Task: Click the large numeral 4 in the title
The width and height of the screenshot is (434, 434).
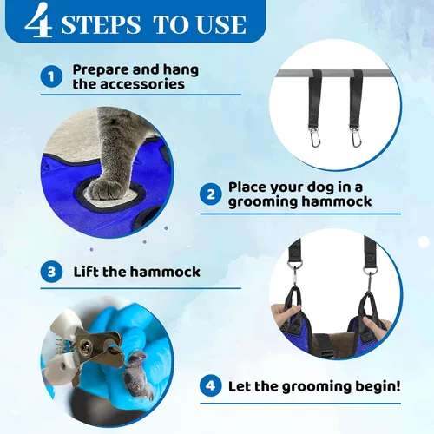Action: [38, 20]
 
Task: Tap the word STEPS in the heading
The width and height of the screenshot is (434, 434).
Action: [101, 25]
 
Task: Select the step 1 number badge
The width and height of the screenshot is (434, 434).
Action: [51, 77]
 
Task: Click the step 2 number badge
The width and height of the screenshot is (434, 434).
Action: [211, 194]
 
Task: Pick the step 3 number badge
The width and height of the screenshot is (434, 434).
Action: [51, 272]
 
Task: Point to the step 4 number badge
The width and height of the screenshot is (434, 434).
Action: [211, 385]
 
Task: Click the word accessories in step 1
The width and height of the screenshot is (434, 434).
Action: [142, 84]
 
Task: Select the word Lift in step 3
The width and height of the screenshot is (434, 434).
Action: [86, 272]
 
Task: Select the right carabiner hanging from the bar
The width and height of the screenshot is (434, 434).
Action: [355, 136]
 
